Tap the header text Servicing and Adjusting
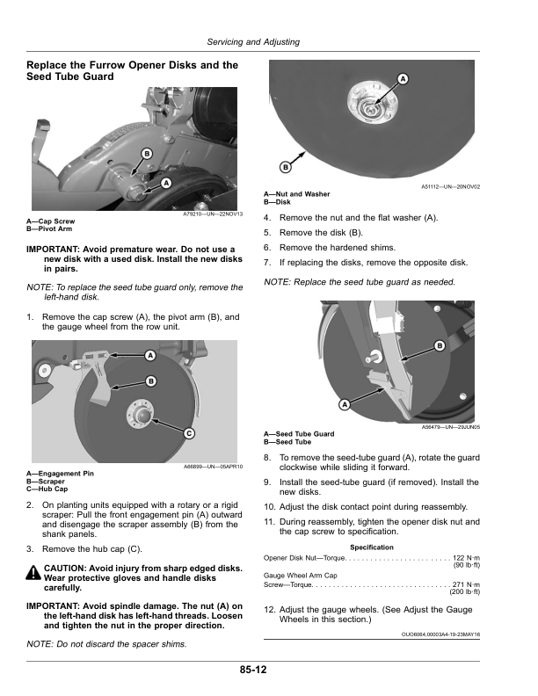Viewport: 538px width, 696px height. coord(252,42)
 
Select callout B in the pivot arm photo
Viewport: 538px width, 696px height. coord(146,154)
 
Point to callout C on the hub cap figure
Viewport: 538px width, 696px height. coord(189,433)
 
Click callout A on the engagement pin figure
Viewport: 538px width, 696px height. coord(150,355)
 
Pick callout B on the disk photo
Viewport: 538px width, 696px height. coord(286,167)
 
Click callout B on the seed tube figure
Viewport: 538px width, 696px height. coord(438,347)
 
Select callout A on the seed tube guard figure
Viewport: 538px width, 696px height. coord(344,404)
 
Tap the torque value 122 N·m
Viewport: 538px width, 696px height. coord(466,558)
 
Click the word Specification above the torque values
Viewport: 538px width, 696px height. coord(371,547)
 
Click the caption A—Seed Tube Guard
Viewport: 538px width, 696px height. coord(299,433)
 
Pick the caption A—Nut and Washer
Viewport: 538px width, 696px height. coord(297,194)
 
